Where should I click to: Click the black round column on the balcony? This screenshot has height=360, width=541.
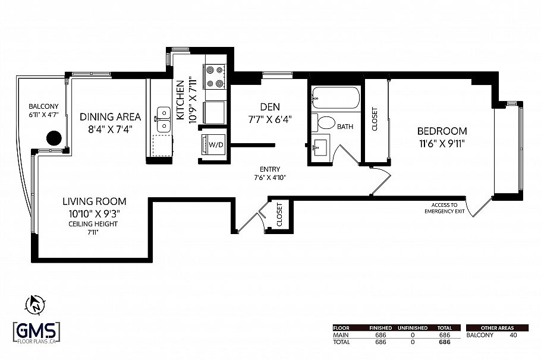click(54, 138)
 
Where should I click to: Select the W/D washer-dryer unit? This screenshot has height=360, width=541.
click(213, 144)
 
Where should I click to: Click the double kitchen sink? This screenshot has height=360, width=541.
click(162, 119)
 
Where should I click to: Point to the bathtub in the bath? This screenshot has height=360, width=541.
click(335, 97)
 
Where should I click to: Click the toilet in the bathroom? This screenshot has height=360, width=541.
click(326, 124)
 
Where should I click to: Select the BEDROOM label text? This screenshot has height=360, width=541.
click(442, 131)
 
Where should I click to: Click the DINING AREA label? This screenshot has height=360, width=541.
click(110, 116)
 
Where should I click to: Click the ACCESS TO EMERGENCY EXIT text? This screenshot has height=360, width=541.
click(444, 207)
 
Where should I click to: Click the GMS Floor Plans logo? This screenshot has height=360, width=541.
click(36, 332)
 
